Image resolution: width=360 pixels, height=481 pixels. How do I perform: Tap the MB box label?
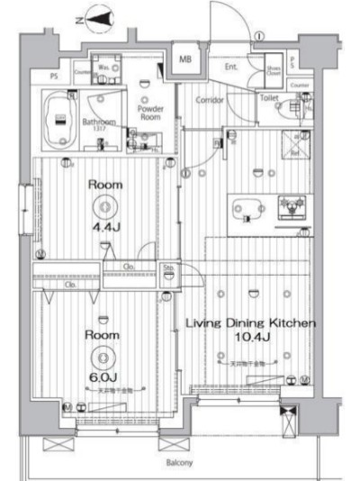coord(186,59)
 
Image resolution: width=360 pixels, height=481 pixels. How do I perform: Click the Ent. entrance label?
coord(231,67)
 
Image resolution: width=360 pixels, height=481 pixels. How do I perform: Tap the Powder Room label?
coord(148,113)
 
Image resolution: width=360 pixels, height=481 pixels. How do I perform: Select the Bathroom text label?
coord(98,122)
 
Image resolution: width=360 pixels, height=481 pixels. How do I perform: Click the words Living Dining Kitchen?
coord(249,322)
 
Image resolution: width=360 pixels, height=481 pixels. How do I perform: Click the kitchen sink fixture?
coord(289,207)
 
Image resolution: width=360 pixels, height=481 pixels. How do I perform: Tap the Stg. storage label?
coord(168,268)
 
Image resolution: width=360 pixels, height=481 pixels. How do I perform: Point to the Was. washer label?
coord(103,68)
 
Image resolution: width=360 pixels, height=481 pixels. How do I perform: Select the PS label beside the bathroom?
coord(54,76)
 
